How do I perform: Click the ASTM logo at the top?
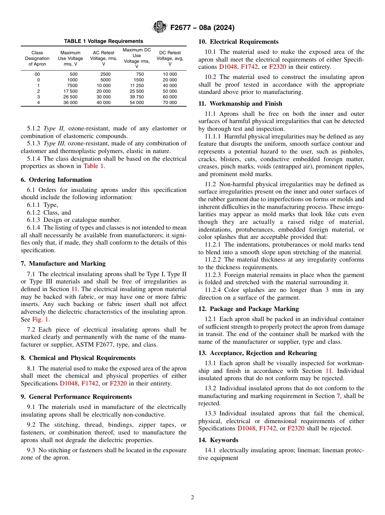[x=159, y=27]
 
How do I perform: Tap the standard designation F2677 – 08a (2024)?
[x=202, y=28]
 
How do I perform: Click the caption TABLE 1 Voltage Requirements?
[x=103, y=41]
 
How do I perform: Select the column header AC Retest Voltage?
[x=103, y=58]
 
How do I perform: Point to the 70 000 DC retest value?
[x=170, y=103]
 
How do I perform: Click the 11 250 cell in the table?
[x=137, y=86]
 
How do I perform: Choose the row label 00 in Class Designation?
[x=37, y=74]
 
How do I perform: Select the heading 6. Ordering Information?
[x=56, y=180]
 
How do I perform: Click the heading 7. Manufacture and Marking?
[x=63, y=264]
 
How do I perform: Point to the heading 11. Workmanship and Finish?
[x=241, y=104]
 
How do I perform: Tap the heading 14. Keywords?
[x=218, y=440]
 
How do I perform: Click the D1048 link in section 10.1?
[x=228, y=67]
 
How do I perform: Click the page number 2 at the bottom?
[x=192, y=498]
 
